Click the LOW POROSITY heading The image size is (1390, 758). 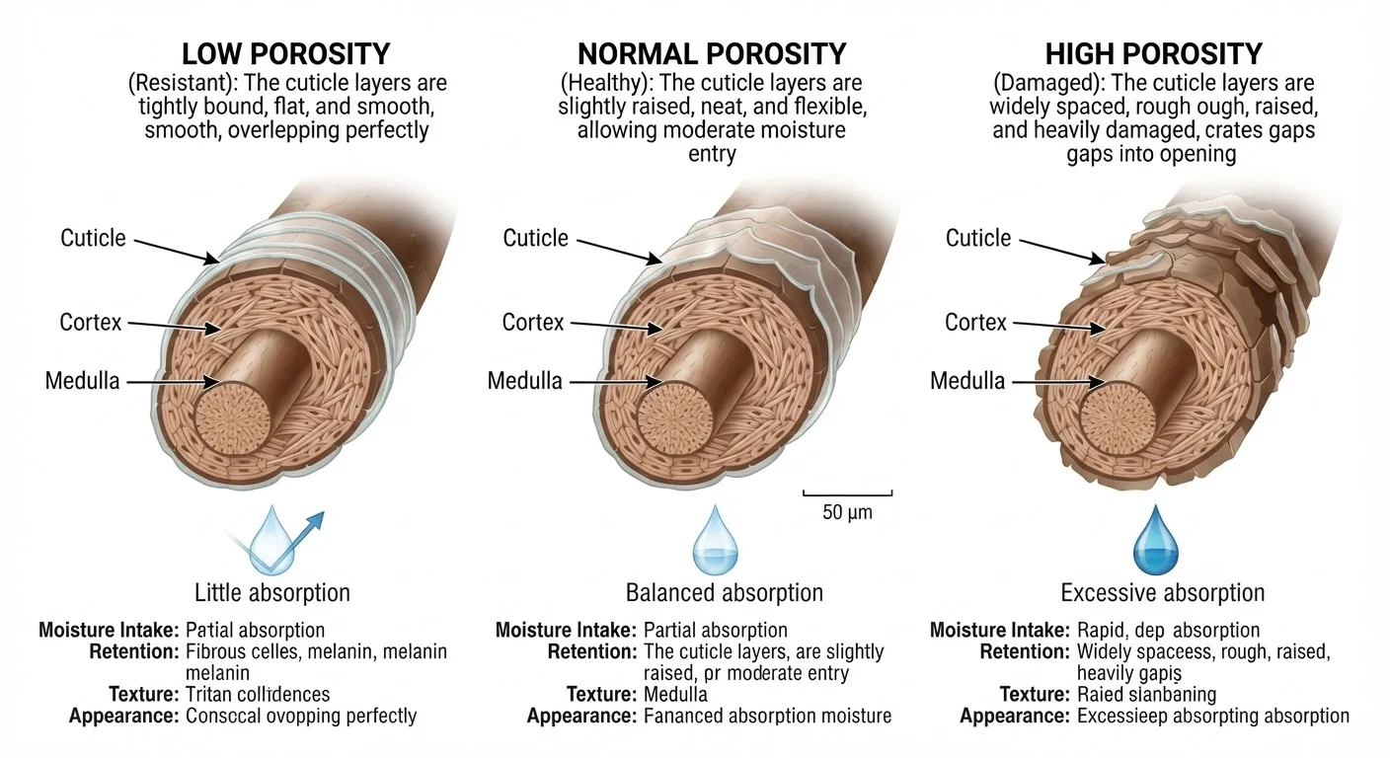tap(286, 54)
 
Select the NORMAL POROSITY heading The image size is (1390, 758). tap(712, 54)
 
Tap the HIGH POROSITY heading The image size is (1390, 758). tap(1154, 54)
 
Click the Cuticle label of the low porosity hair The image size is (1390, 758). tap(93, 238)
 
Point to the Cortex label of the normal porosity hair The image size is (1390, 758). tap(533, 323)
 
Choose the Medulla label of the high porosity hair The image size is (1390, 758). tap(967, 381)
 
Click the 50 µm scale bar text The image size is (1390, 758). tap(847, 512)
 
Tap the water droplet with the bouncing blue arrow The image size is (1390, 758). tap(273, 540)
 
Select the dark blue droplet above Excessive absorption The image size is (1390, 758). tap(1155, 540)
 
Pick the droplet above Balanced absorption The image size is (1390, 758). tap(716, 540)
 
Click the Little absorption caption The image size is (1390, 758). tap(272, 593)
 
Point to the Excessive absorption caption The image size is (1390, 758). tap(1162, 593)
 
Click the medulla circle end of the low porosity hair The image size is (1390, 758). tap(232, 418)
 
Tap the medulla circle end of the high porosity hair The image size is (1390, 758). tap(1119, 418)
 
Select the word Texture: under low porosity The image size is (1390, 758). tap(144, 694)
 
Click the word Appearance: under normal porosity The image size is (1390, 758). tap(582, 716)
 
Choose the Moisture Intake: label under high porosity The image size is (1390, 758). tap(1000, 631)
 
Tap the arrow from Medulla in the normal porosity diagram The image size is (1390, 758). tap(617, 382)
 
